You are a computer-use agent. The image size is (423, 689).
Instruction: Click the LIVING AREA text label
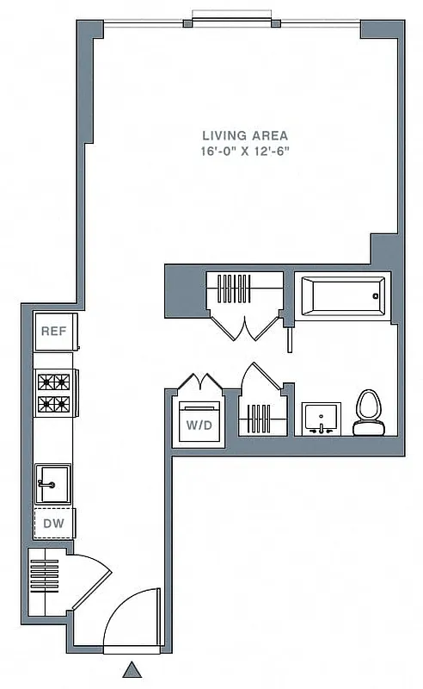245,135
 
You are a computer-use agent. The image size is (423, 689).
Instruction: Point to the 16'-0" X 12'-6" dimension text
245,151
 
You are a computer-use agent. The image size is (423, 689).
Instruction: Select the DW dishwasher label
54,524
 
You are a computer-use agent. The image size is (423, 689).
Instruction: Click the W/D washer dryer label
199,424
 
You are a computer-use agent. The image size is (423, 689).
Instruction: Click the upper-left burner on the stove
46,381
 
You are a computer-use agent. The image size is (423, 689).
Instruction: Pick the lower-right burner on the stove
62,402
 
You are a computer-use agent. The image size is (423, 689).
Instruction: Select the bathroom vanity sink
322,419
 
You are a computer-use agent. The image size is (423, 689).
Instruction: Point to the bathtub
341,298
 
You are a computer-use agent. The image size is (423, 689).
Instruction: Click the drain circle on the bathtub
375,297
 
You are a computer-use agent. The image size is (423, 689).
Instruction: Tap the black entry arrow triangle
132,669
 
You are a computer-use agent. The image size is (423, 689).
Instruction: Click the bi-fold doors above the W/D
199,382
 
